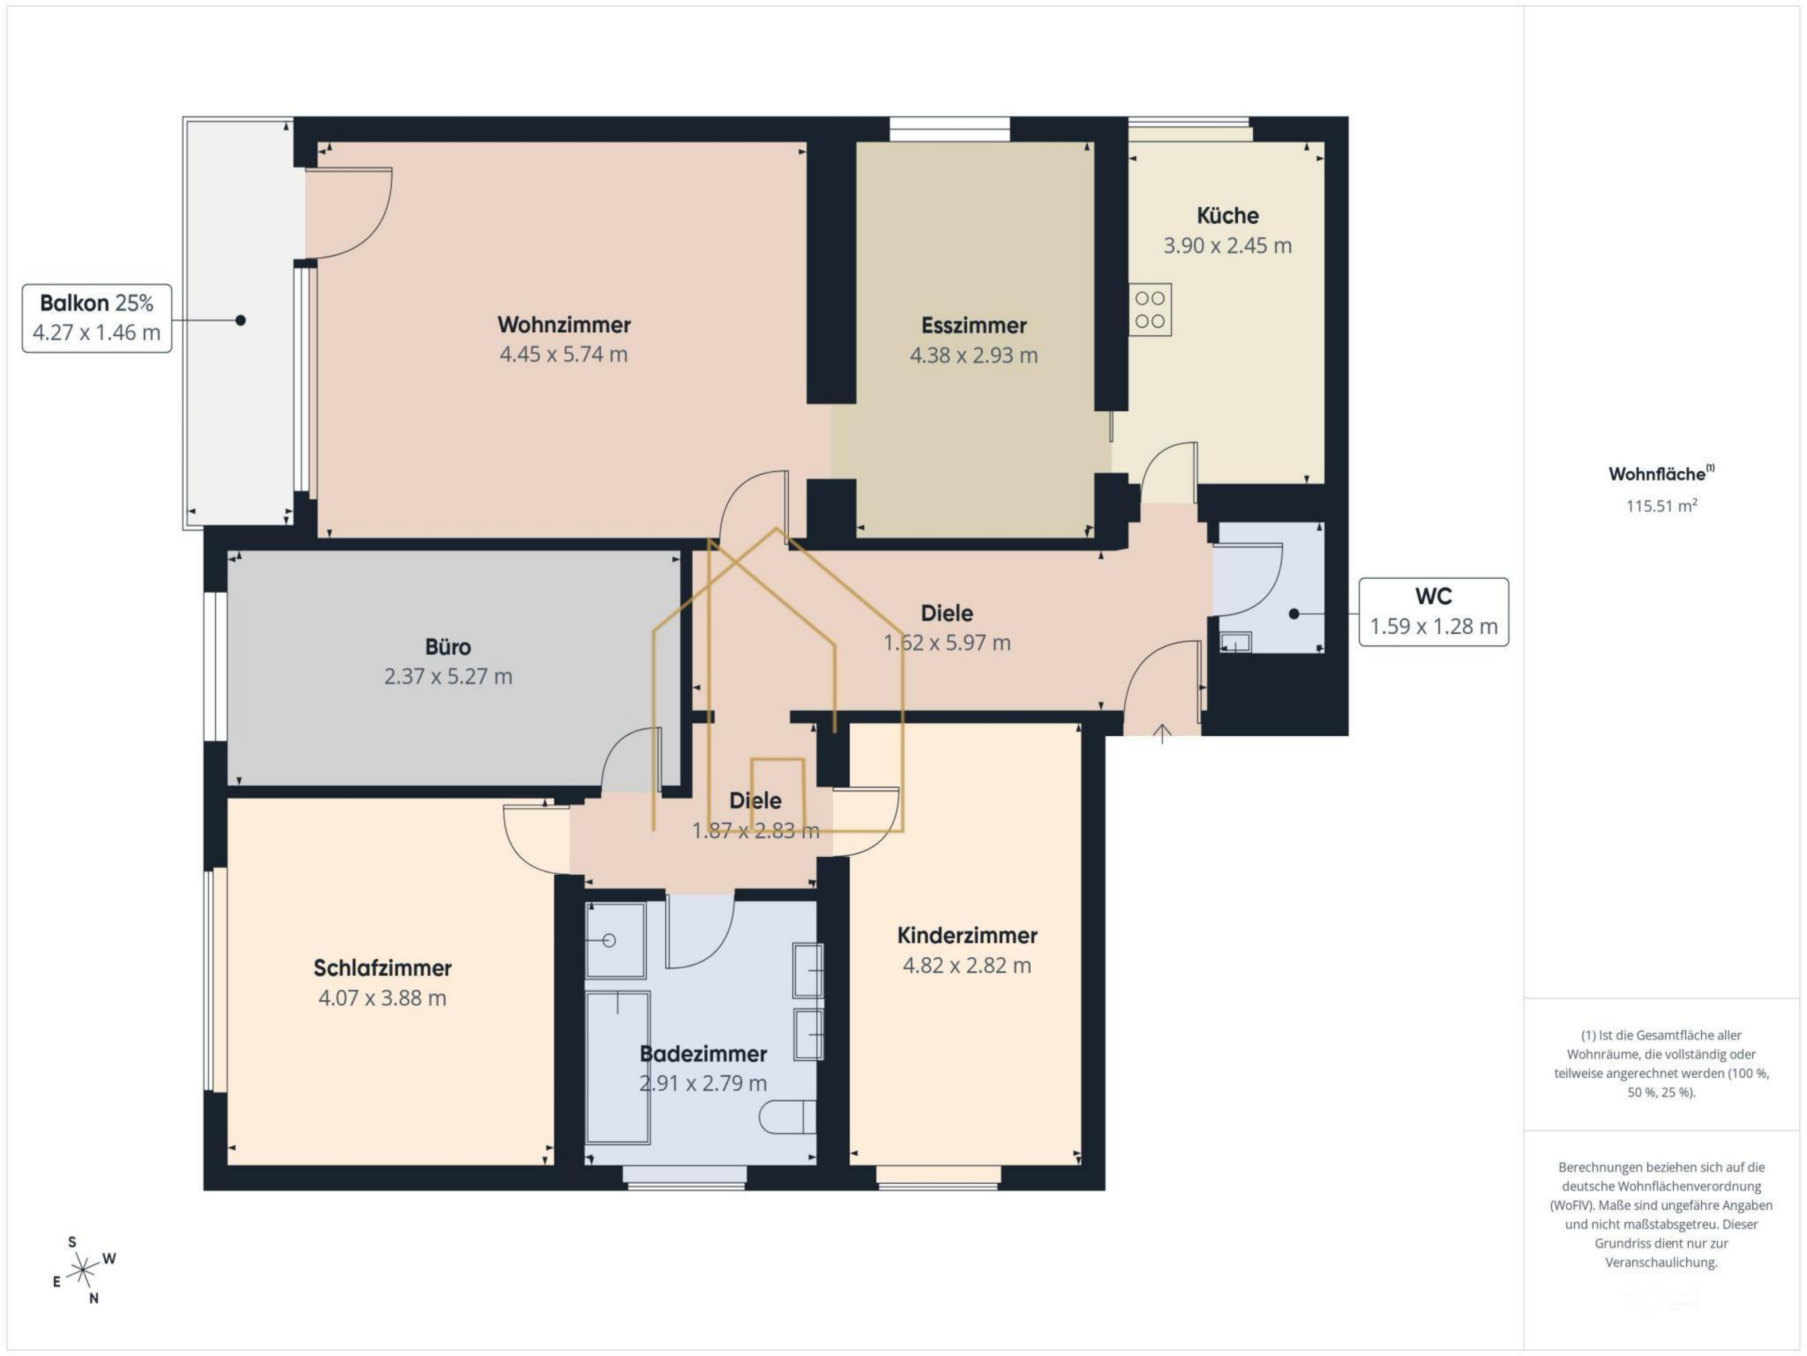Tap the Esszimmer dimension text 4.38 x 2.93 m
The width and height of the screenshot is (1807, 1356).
[974, 356]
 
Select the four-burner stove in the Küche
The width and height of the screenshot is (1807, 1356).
[1150, 310]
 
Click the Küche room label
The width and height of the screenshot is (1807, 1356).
[1228, 216]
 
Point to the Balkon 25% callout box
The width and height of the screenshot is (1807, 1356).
[96, 318]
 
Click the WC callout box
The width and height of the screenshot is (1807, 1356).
[1434, 612]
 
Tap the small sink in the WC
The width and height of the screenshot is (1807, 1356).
[1235, 642]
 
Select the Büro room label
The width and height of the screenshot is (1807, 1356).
[448, 647]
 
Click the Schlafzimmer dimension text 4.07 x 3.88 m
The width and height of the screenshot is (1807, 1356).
[382, 998]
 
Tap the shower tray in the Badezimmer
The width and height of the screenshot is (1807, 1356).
[616, 940]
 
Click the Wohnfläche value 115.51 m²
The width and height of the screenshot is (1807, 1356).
[1662, 506]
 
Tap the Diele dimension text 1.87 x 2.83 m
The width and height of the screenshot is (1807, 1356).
[756, 831]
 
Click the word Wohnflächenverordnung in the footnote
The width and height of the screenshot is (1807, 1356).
[1662, 1186]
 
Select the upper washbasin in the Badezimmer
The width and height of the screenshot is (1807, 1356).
[808, 970]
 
